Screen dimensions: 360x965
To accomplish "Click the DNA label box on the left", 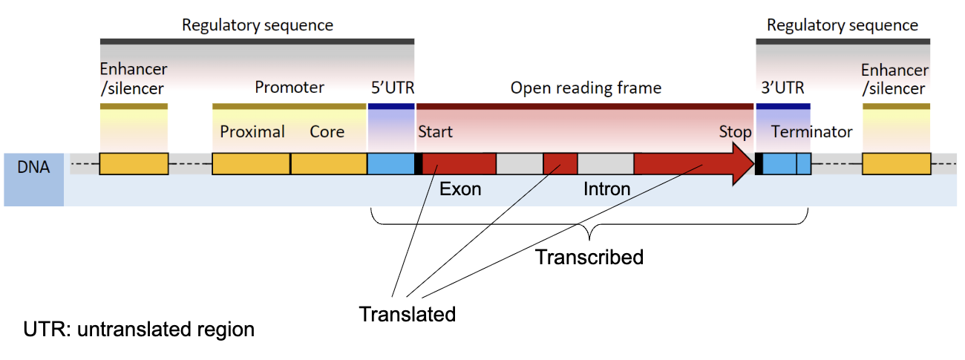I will pos(34,168).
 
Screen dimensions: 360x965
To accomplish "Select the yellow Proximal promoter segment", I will pos(251,164).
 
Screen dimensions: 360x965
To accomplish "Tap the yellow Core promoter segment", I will pos(328,164).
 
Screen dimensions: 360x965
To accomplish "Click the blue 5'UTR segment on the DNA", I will pos(390,164).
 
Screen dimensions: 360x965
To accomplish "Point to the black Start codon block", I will pos(419,164).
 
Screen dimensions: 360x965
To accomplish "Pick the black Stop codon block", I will pos(759,164).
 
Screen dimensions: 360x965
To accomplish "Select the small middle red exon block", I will pos(560,164).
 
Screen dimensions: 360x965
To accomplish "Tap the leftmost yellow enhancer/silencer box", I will pos(134,164).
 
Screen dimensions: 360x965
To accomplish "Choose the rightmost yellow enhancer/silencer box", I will pos(896,164).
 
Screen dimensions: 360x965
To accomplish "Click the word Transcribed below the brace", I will pos(589,258).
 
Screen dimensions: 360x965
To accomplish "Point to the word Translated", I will pos(407,315).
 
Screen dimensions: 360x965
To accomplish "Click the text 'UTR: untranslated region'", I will pos(139,329).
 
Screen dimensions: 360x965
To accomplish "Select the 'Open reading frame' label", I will pos(586,88).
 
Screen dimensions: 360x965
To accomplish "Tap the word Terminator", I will pos(812,132).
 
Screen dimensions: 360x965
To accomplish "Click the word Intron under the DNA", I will pos(606,189).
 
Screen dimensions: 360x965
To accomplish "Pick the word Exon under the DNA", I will pos(460,189).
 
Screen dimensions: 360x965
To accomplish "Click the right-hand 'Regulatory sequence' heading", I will pos(843,25).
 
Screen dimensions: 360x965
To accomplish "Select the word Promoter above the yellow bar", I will pos(289,88).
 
